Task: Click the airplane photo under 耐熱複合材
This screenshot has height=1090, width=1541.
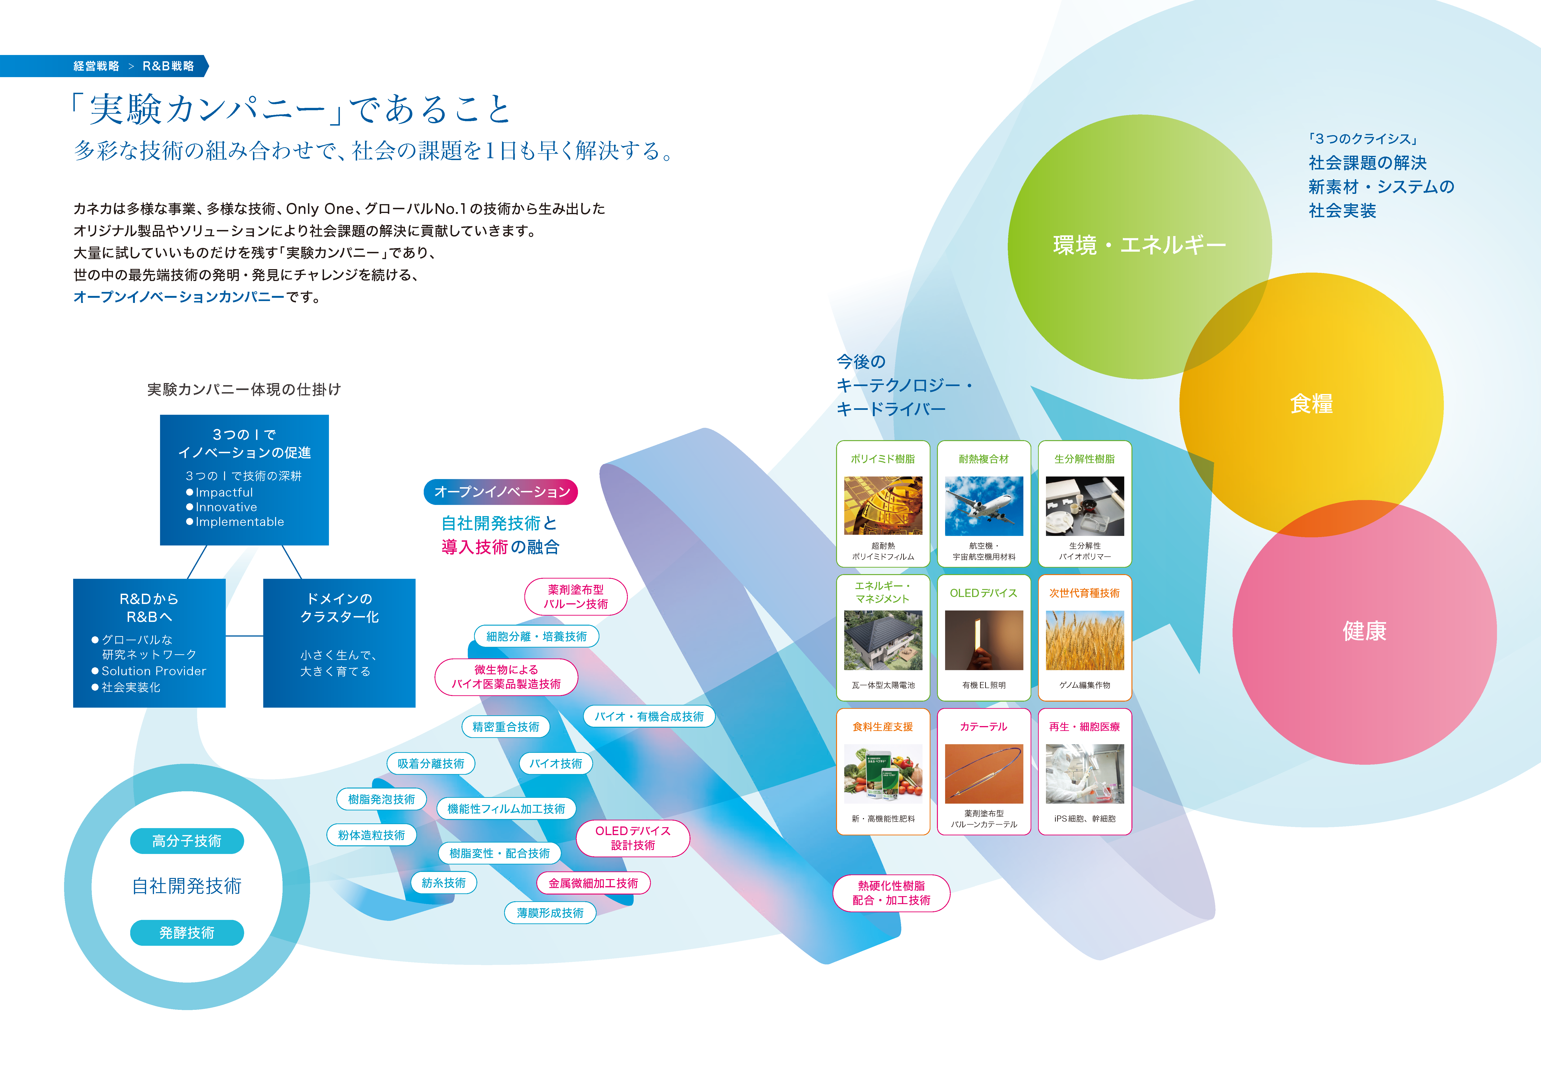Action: (x=984, y=506)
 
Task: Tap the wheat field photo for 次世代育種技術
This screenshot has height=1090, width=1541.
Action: (x=1085, y=640)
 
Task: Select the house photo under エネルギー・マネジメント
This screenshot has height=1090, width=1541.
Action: (x=883, y=640)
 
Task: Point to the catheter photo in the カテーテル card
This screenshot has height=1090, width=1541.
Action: (x=984, y=774)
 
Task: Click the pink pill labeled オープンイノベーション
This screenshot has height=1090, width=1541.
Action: (x=501, y=492)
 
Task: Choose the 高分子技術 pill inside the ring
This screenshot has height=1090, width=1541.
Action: (x=187, y=841)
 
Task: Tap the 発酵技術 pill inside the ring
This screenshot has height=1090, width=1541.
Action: (x=187, y=933)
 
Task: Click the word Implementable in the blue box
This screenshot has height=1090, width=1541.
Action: (x=240, y=522)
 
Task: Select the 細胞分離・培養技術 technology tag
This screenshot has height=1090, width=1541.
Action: (x=536, y=636)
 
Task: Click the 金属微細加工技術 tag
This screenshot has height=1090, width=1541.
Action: (x=593, y=883)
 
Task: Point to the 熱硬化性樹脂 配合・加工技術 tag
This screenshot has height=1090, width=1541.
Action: (x=891, y=893)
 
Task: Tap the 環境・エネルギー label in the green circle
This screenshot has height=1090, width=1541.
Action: (x=1140, y=245)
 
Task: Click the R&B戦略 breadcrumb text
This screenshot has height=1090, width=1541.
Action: (x=168, y=66)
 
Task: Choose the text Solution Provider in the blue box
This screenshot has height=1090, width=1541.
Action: (x=154, y=671)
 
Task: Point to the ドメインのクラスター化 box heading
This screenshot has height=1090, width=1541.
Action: (x=340, y=607)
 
